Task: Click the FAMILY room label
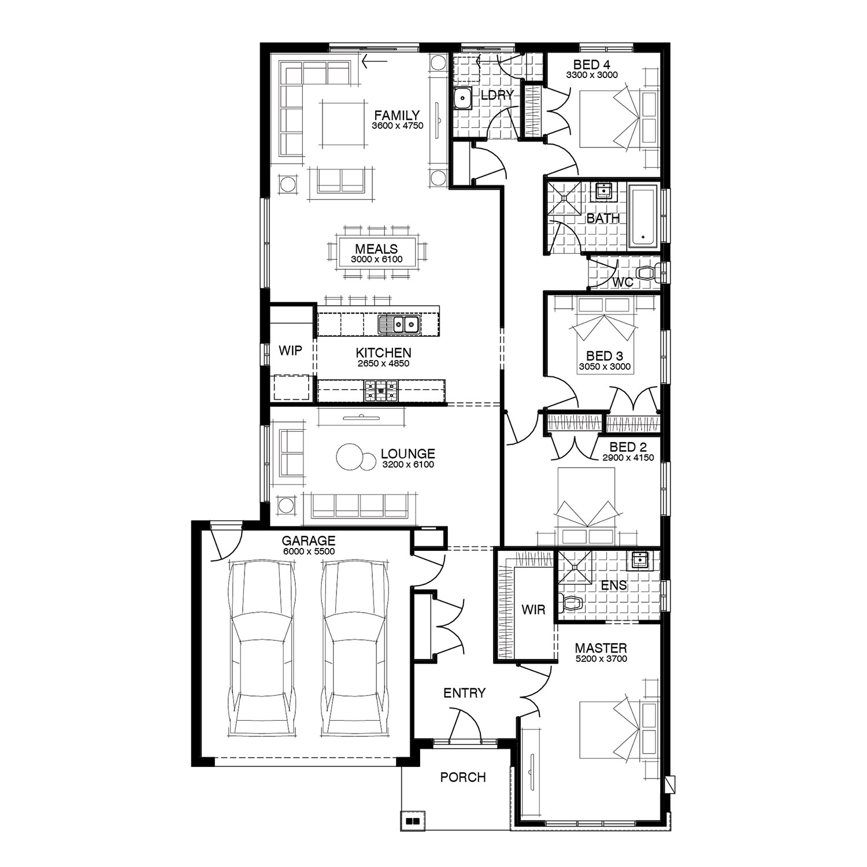[397, 115]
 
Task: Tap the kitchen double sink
[399, 325]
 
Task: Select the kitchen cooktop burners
[381, 391]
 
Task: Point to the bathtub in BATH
[644, 217]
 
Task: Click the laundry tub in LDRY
[462, 99]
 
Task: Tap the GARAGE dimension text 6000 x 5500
[309, 551]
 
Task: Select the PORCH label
[463, 777]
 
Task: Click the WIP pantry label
[290, 351]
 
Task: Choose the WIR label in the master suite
[533, 610]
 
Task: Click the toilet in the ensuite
[570, 604]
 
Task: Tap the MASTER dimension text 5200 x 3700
[601, 659]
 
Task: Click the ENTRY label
[464, 693]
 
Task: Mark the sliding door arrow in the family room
[375, 59]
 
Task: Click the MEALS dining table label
[376, 249]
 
